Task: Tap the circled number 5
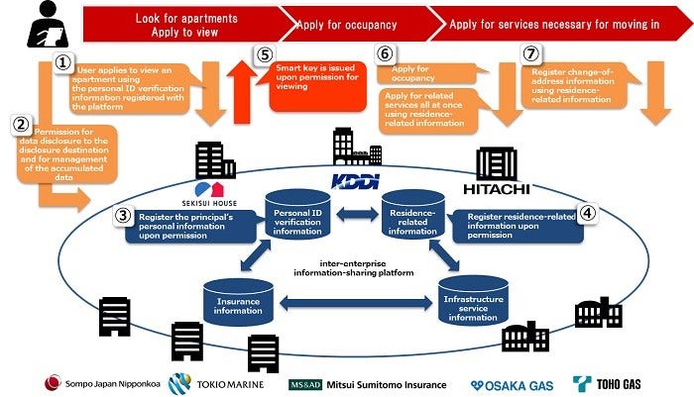(x=262, y=57)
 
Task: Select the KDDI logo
(x=354, y=180)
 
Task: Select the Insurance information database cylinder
(x=237, y=298)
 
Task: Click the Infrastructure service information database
(x=474, y=302)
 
